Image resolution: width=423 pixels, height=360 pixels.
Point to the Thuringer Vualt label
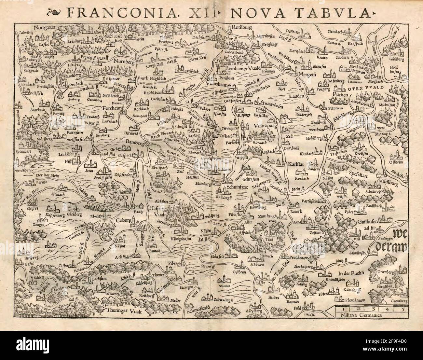coord(121,311)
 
